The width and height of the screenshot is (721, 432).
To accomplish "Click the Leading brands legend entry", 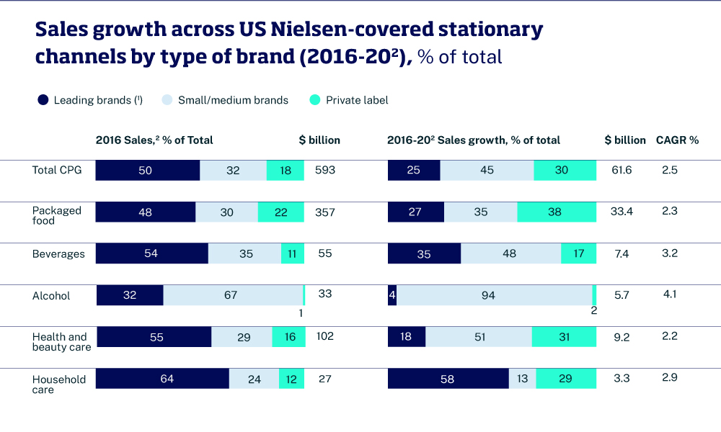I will pos(89,100).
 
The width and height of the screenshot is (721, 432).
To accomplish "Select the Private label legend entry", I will pos(348,100).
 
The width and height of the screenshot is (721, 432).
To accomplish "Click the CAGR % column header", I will pos(677,140).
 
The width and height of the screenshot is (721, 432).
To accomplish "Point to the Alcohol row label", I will pos(51,296).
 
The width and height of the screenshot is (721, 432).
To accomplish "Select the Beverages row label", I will pos(58,254).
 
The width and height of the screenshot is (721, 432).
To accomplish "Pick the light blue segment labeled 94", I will pos(494,295).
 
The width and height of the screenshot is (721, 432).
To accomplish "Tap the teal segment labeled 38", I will pos(557,212).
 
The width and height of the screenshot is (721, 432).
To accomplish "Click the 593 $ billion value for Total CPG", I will pos(325,170).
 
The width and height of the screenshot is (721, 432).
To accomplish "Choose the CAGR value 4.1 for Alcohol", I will pos(670,294).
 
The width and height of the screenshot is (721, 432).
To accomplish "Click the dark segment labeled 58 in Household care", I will pos(448,379).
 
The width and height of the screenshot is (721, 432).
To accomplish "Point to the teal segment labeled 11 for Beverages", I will pos(293,253).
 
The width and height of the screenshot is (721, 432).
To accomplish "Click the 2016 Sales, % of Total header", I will pos(154,140).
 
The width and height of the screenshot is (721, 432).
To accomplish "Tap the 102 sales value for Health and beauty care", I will pos(325,336).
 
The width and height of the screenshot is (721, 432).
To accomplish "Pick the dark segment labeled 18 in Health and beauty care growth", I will pos(407,337).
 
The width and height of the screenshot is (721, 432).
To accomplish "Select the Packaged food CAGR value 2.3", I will pos(670,210).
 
